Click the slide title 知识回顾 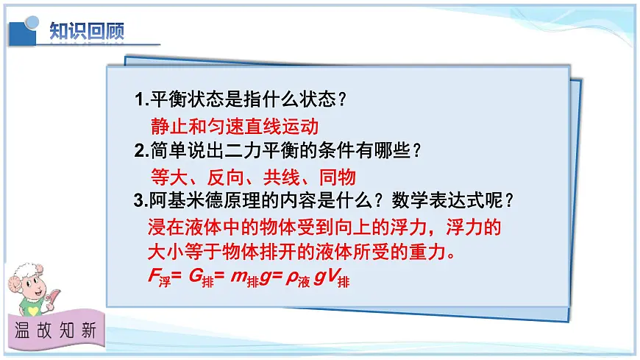87,31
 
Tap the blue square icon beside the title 25,29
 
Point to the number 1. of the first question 142,100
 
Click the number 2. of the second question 142,151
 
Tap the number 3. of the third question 142,201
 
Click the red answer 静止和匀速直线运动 234,125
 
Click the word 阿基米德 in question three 184,201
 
